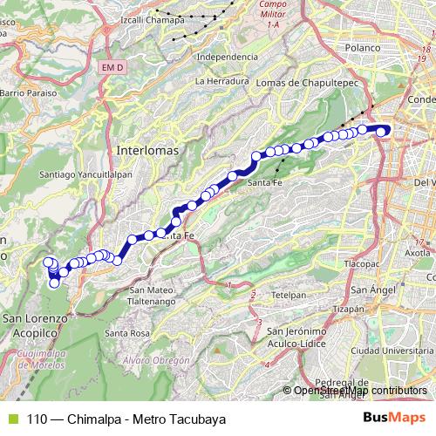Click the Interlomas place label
coord(146,150)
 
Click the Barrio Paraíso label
coord(28,92)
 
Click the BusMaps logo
coord(394,419)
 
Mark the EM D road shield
coord(113,66)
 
